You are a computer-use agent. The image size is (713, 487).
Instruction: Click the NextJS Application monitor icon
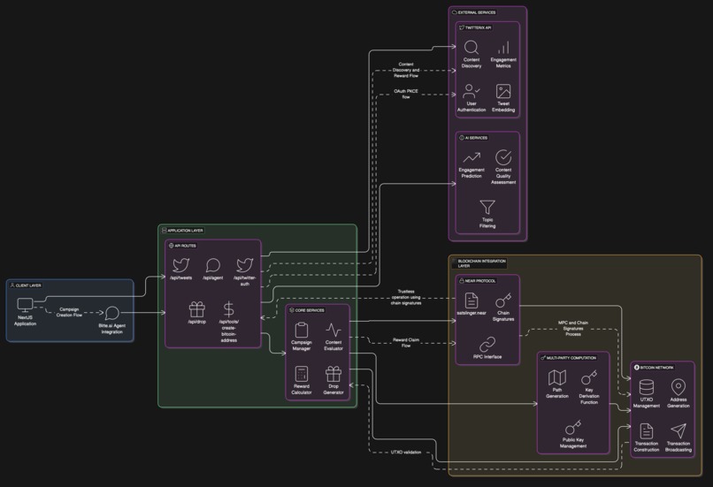[25, 306]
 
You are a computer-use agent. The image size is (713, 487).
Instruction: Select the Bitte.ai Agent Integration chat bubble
[112, 314]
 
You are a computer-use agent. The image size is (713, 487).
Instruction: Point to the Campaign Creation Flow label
[69, 312]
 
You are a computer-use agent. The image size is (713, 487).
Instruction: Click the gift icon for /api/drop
[196, 309]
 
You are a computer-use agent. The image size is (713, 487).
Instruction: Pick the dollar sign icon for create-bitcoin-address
[228, 309]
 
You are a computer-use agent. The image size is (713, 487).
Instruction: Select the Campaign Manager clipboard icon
[302, 330]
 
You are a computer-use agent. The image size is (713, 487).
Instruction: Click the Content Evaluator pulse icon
[333, 330]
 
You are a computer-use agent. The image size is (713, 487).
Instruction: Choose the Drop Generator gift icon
[333, 374]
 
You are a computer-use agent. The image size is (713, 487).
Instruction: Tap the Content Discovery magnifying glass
[471, 47]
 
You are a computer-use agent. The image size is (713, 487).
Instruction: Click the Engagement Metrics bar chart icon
[503, 47]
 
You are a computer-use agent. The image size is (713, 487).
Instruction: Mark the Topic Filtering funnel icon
[487, 207]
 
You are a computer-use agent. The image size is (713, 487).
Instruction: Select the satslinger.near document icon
[471, 301]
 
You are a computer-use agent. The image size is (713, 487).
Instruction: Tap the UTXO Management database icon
[647, 388]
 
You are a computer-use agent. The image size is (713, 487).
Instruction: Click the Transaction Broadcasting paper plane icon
[678, 431]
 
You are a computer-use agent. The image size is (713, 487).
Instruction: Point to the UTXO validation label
[406, 452]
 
